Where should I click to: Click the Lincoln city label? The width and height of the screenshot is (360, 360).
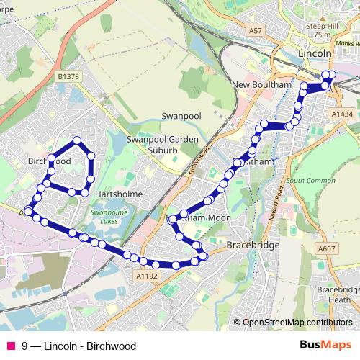point(314,54)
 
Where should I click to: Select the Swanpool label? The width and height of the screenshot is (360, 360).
point(179,115)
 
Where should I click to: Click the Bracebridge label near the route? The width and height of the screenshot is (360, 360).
point(247,246)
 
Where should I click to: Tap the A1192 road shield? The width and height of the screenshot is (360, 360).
point(145,274)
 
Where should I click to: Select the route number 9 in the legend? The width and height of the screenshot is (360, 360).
point(25,346)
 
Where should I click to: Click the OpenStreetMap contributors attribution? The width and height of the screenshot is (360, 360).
point(297,323)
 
